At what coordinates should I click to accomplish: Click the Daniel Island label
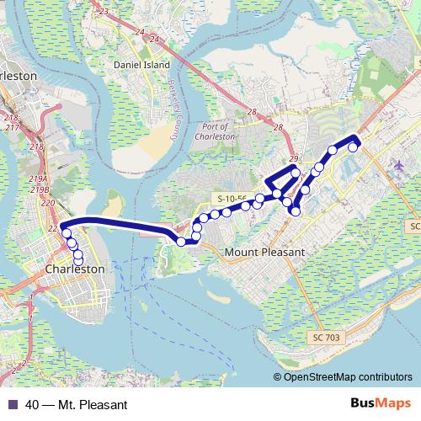coord(141,65)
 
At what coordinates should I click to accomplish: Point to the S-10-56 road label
coord(232,198)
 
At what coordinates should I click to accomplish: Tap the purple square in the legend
coord(12,404)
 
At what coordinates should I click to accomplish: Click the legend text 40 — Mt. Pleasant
coord(76,404)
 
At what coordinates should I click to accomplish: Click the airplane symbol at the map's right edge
coord(398,166)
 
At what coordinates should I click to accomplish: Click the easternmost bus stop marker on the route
coord(354,147)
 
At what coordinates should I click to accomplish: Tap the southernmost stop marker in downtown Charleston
coord(78,261)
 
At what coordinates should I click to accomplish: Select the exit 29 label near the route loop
coord(293,159)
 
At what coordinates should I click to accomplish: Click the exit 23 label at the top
coord(104,11)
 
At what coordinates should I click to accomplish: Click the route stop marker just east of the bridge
coord(181,242)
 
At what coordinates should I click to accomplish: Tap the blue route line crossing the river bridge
coord(118,222)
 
